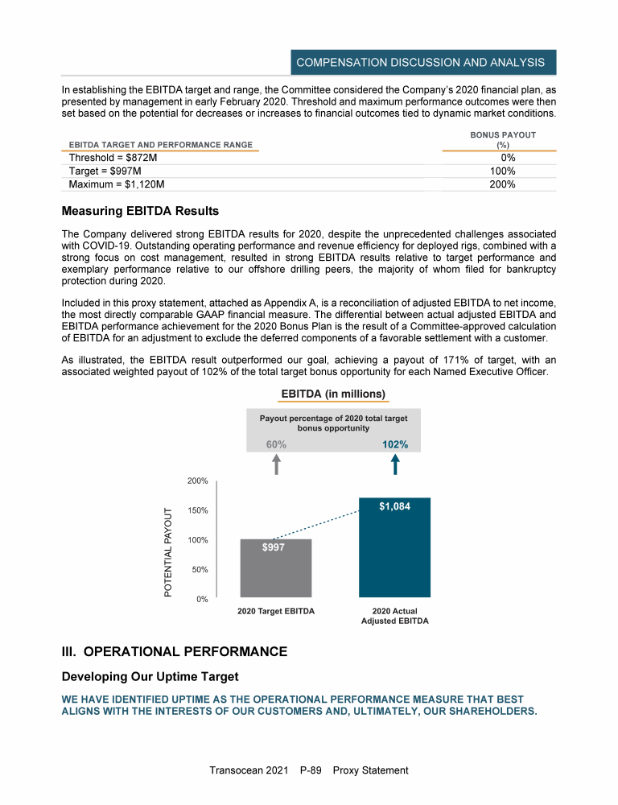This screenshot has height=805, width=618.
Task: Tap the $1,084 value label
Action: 394,507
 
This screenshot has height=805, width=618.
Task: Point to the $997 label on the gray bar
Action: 274,547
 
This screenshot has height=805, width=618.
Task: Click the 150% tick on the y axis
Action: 198,510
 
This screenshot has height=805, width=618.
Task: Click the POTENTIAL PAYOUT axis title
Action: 168,552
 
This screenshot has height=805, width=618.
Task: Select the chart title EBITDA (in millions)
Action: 332,394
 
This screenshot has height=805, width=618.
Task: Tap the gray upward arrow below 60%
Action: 276,465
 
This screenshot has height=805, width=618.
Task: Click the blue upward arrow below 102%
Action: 395,465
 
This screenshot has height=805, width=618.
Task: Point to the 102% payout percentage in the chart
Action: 394,444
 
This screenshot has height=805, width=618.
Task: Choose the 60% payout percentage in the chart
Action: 276,444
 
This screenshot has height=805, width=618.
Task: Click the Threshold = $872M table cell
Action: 109,158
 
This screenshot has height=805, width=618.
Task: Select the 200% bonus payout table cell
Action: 503,184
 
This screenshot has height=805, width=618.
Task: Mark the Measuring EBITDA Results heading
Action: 140,212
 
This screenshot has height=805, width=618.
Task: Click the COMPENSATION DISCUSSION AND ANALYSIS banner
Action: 421,62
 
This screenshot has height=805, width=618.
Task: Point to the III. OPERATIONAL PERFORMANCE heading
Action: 174,651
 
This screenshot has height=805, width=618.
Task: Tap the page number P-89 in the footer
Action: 310,770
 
